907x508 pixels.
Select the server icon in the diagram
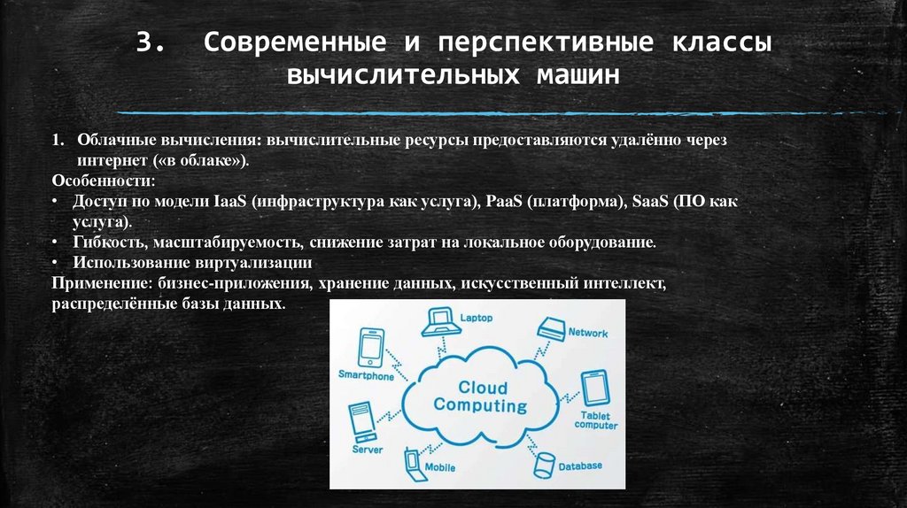(360, 423)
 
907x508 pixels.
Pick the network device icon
(550, 328)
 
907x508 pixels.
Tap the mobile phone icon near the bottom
(412, 462)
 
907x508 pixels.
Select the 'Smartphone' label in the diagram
(366, 376)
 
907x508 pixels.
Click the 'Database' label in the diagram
(580, 466)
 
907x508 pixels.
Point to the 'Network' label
(588, 334)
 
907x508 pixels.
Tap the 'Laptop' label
(476, 317)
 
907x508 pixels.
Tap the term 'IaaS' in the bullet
(230, 202)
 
